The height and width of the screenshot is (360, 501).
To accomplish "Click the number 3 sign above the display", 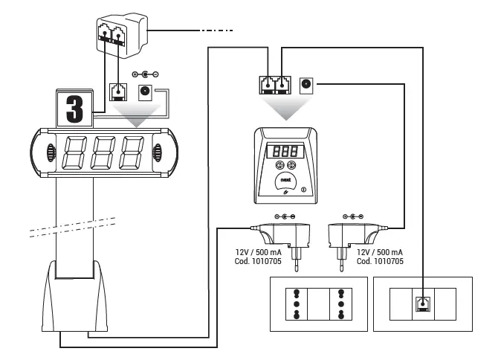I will (74, 109).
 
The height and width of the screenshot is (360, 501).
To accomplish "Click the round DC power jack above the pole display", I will (146, 93).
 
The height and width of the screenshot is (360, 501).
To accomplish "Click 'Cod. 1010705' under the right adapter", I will (381, 263).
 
